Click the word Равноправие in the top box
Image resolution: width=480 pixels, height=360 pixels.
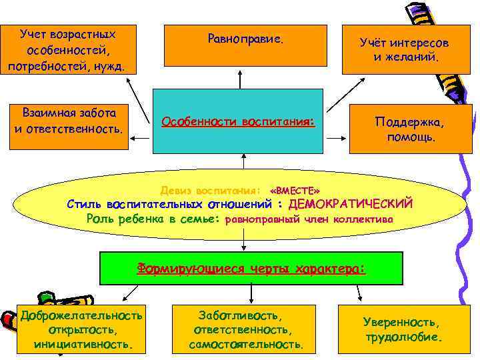(245, 39)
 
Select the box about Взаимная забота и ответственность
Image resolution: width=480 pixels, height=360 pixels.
(69, 120)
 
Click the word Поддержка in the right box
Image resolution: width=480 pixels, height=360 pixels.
(409, 123)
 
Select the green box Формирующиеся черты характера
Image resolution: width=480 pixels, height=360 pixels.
(251, 268)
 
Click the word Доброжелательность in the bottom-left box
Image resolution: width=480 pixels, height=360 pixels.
(81, 315)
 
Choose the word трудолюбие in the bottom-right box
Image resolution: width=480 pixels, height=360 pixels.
(403, 337)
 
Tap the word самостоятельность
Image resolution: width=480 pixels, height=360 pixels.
(246, 345)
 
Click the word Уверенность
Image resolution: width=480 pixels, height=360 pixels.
(401, 322)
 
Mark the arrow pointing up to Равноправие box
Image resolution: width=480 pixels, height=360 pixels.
(245, 75)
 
